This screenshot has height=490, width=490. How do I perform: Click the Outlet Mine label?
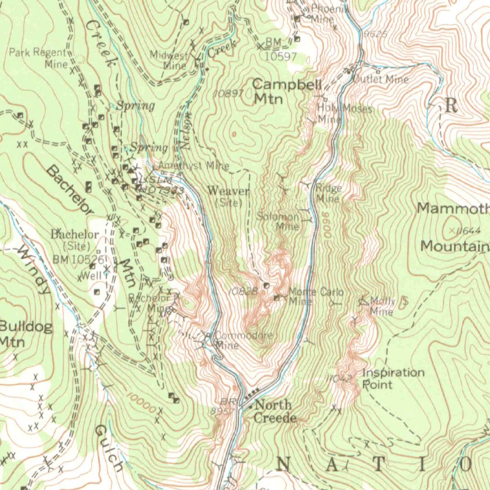tap(381, 79)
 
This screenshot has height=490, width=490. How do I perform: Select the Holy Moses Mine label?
tap(343, 114)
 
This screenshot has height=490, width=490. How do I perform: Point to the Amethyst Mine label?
tap(193, 166)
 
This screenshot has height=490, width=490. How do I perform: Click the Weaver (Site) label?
tap(228, 196)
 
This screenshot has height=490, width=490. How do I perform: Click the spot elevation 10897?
tap(229, 93)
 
